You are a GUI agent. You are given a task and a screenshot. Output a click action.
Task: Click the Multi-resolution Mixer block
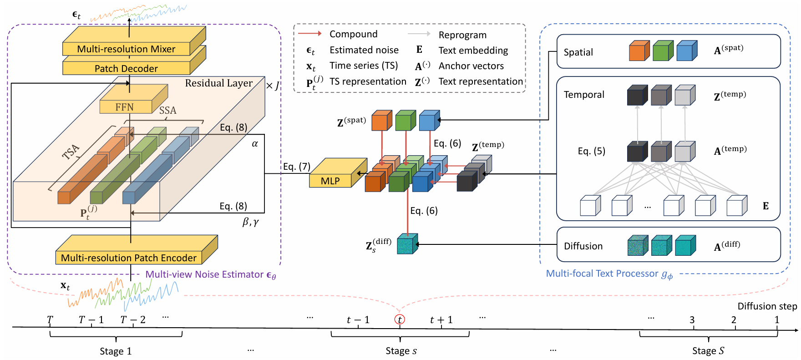click(x=126, y=49)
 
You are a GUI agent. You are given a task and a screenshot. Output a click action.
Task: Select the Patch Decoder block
click(x=126, y=68)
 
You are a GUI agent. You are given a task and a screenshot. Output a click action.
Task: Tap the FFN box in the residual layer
click(x=125, y=107)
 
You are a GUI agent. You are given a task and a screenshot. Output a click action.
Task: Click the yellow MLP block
click(x=330, y=181)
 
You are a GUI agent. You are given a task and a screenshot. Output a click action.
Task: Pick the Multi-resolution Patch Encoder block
click(x=129, y=258)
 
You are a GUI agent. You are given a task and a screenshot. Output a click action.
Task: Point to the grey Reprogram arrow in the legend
click(x=419, y=34)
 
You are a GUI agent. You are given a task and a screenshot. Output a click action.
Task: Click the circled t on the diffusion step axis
click(x=400, y=319)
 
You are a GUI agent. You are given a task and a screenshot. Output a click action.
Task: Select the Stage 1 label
click(x=116, y=351)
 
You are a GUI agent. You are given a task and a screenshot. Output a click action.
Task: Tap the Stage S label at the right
click(x=708, y=351)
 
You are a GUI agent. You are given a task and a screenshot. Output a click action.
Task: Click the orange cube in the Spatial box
click(x=639, y=51)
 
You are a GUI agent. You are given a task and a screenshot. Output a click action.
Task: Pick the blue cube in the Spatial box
click(x=686, y=51)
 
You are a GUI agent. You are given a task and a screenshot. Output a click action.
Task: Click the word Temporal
click(x=584, y=95)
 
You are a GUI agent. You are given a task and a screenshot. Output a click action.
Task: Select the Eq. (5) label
click(x=591, y=151)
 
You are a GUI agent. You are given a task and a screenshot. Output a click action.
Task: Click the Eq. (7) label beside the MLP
click(x=296, y=167)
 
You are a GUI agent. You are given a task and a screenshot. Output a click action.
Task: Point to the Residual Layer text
click(x=218, y=83)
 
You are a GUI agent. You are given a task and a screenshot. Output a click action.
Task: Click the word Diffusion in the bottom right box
click(x=583, y=246)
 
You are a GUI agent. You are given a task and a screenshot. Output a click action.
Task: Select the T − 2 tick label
click(x=133, y=320)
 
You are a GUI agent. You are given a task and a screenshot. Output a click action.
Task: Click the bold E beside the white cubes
click(x=766, y=206)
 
